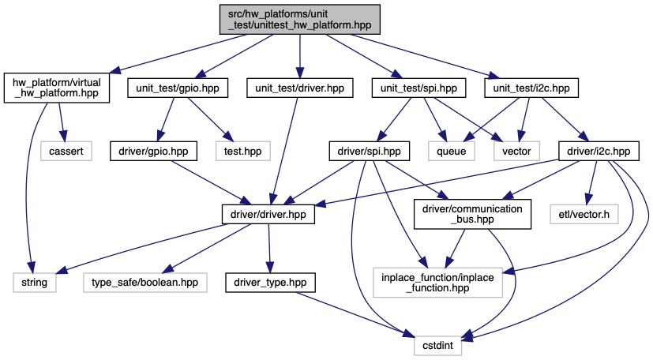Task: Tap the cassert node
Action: [62, 148]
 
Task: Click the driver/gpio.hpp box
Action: [156, 148]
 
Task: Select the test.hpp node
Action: [240, 148]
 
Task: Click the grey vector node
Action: [517, 148]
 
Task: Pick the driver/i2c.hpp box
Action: [594, 148]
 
